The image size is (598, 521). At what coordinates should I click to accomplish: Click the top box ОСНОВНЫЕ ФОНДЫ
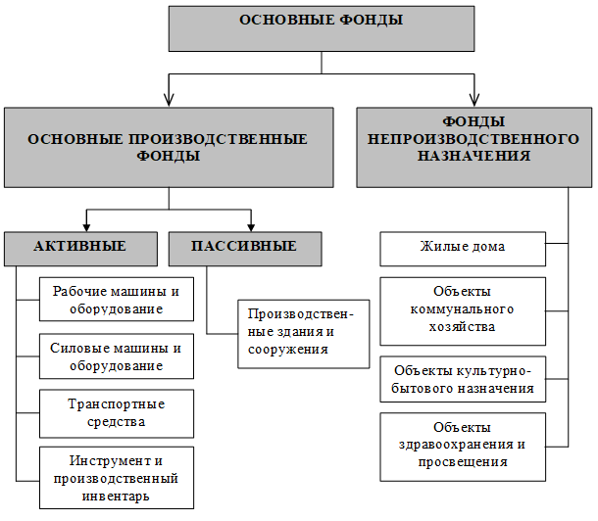322,28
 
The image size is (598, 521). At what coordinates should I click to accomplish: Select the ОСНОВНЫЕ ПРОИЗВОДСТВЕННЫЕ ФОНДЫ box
169,147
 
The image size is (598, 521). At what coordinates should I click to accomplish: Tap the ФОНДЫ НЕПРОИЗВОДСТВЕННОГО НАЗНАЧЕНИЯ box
474,147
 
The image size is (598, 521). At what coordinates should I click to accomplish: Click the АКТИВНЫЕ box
80,249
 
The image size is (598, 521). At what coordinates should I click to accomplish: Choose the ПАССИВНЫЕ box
245,249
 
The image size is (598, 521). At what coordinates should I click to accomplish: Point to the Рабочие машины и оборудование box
117,300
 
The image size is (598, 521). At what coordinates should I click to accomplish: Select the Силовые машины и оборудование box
117,356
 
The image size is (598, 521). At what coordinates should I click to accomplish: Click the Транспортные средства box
117,413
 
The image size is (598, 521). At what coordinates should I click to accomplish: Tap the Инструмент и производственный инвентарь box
117,478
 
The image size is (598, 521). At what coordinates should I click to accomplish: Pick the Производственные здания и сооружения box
304,334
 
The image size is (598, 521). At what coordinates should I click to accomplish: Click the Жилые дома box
463,249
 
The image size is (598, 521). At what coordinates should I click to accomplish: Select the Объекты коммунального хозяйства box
463,311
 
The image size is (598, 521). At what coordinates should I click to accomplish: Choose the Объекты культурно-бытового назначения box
463,379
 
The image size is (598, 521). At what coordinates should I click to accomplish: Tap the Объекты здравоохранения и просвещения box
463,447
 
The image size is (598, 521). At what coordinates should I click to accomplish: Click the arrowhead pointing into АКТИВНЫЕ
86,226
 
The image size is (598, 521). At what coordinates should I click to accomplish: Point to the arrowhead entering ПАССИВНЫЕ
251,226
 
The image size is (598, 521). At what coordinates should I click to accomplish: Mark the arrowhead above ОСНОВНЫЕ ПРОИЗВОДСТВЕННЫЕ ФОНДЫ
169,100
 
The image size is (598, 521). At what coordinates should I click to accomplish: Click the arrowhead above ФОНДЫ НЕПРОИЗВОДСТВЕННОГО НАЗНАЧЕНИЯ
474,100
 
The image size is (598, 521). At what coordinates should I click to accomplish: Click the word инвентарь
116,497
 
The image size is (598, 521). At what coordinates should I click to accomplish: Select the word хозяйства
462,327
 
